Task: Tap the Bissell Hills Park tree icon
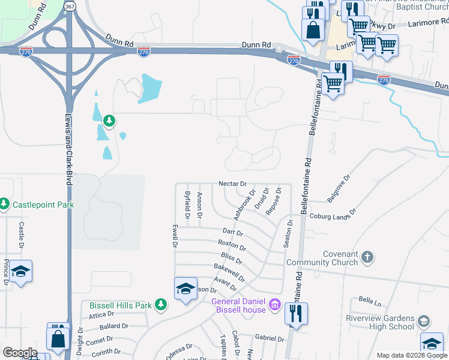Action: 160,305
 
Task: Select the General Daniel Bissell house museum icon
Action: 275,304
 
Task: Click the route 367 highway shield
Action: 70,6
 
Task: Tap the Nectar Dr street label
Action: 233,183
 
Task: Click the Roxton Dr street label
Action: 232,245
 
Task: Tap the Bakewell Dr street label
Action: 229,272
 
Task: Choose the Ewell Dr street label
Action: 175,236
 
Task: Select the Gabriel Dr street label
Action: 268,338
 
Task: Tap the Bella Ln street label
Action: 370,299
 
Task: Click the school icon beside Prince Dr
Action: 21,272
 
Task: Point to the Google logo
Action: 20,353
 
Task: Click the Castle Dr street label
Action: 21,235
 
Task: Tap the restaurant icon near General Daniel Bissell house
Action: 296,313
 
